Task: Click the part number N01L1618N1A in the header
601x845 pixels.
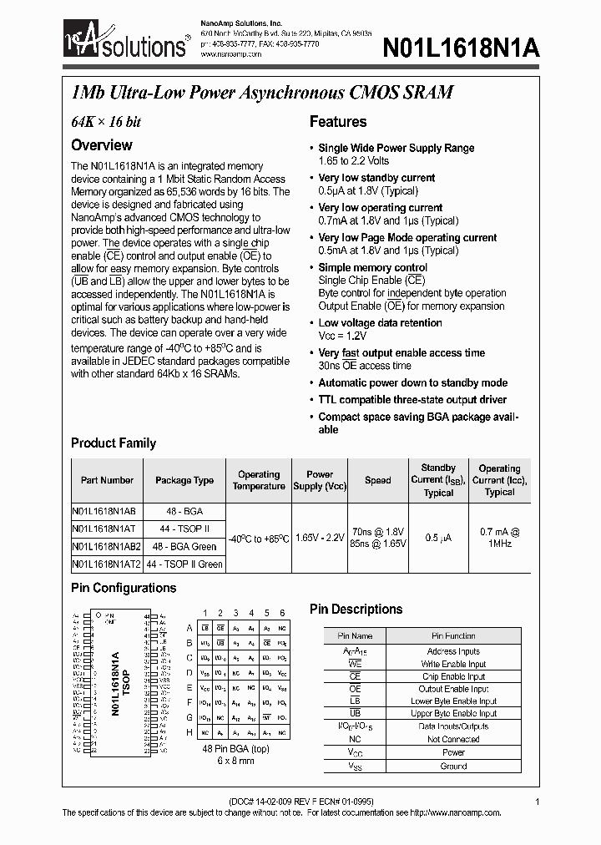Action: click(x=462, y=48)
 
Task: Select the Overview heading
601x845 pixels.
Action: click(x=102, y=145)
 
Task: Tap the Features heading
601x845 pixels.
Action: click(x=338, y=122)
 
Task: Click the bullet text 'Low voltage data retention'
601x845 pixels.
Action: click(x=380, y=323)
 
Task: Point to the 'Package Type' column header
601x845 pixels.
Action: click(x=184, y=481)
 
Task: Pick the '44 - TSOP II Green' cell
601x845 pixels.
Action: click(x=184, y=564)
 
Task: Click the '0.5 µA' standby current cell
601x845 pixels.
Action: click(x=438, y=538)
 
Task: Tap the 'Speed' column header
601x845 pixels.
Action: click(x=377, y=481)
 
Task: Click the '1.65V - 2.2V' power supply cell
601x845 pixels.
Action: click(x=320, y=538)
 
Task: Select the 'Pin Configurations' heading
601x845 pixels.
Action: click(x=124, y=589)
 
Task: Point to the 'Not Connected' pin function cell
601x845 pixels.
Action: click(x=453, y=740)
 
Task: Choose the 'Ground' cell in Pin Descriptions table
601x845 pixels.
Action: click(x=453, y=766)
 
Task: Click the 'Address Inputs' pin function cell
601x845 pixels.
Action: click(x=453, y=651)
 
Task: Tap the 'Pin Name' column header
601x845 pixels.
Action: click(x=355, y=636)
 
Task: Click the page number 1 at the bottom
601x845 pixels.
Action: click(x=537, y=802)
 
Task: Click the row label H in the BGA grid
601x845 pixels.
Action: click(x=189, y=732)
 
